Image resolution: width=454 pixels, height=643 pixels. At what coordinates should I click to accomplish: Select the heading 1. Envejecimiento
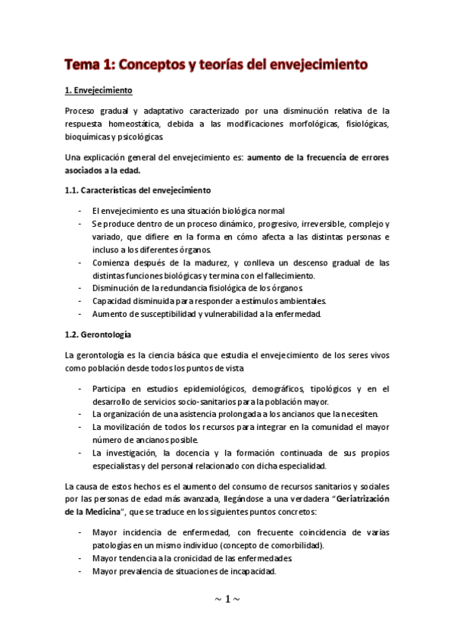pyautogui.click(x=99, y=91)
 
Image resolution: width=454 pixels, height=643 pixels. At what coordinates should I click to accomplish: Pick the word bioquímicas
pyautogui.click(x=89, y=137)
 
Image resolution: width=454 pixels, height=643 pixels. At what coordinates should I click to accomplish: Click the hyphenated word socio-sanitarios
pyautogui.click(x=208, y=401)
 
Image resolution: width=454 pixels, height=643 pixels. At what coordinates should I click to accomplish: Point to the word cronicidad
pyautogui.click(x=190, y=559)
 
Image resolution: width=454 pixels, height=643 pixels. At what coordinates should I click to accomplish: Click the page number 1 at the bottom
pyautogui.click(x=227, y=599)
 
